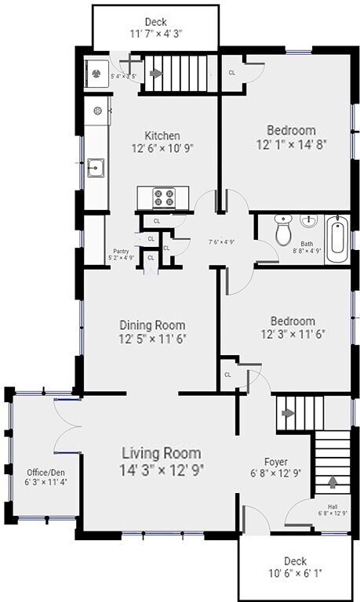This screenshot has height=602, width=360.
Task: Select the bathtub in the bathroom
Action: [x=336, y=239]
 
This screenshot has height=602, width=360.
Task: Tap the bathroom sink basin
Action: [x=308, y=219]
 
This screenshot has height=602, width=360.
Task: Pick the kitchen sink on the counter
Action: [x=96, y=167]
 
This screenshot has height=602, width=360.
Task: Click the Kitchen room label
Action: [x=162, y=135]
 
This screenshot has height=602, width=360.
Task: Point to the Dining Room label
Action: [x=152, y=325]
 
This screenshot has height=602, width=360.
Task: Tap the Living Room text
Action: [x=161, y=453]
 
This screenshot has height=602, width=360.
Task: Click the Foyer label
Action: [x=275, y=461]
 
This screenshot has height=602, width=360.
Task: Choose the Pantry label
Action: [x=120, y=251]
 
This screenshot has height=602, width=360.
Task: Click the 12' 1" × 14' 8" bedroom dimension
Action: [x=291, y=145]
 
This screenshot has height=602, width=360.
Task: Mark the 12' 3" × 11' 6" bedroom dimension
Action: [x=292, y=333]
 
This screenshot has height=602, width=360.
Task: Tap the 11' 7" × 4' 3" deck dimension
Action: [x=155, y=34]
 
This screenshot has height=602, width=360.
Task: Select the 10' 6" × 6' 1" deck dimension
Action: [x=295, y=573]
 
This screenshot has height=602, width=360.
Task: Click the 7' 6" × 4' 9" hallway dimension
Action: [x=221, y=241]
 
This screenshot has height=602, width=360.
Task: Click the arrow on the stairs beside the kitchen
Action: [x=155, y=74]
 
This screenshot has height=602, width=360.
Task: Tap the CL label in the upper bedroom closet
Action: [x=232, y=72]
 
